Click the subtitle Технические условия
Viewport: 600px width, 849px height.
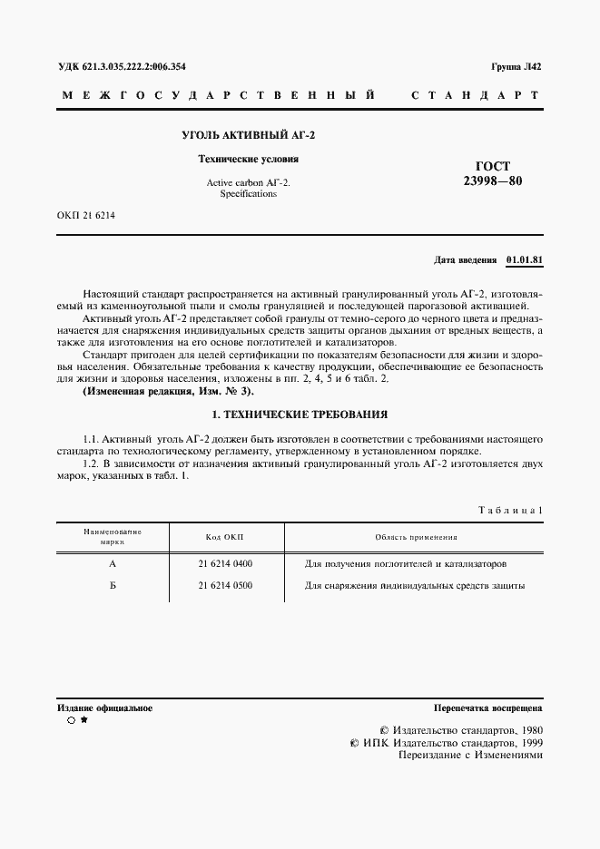249,159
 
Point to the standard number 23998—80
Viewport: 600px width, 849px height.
493,181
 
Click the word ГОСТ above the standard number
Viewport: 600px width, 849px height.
493,166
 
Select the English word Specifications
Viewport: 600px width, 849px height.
248,193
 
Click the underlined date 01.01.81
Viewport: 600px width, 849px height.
524,260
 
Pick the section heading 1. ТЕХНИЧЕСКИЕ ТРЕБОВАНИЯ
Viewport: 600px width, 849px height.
299,415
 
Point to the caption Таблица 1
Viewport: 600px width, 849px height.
510,511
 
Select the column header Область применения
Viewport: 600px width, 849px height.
416,538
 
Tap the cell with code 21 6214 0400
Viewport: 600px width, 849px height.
225,563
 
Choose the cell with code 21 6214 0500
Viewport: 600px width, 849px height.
225,585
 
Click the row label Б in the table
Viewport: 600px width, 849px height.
113,585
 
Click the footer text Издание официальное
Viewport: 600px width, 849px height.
104,707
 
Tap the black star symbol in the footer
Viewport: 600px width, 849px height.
84,720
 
